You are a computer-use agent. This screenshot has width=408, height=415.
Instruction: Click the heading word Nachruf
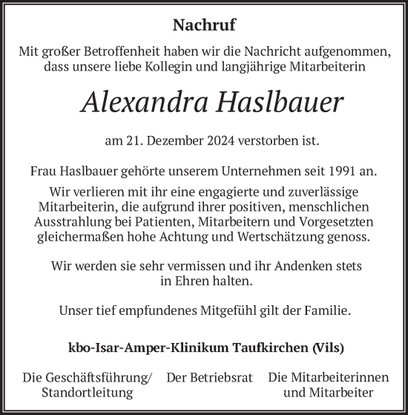tap(204, 25)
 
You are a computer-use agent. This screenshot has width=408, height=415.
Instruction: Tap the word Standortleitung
tap(88, 392)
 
